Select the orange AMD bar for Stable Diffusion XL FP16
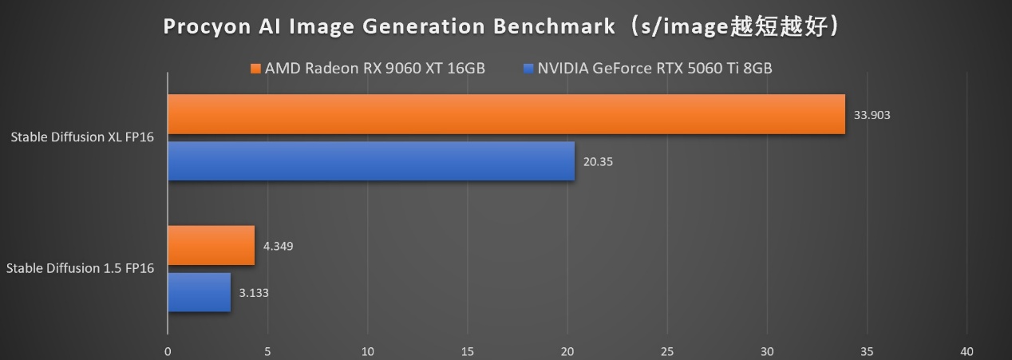pos(506,114)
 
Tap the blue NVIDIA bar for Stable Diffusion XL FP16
pos(371,161)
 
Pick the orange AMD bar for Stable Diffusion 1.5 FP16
pos(211,245)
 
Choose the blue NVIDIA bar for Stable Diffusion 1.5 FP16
pos(199,292)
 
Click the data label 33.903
pos(872,115)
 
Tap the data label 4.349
pos(278,246)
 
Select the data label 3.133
pos(254,293)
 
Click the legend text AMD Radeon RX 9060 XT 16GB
pos(374,68)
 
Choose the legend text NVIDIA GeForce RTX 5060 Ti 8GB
pos(654,68)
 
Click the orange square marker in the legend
pos(255,68)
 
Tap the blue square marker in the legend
pos(528,68)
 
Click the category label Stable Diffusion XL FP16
pos(82,137)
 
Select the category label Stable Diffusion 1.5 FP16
pos(80,269)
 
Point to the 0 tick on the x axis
pos(168,351)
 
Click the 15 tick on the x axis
pos(468,351)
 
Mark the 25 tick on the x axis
pos(667,351)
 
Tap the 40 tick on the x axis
pos(967,351)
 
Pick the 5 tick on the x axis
pos(267,351)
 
